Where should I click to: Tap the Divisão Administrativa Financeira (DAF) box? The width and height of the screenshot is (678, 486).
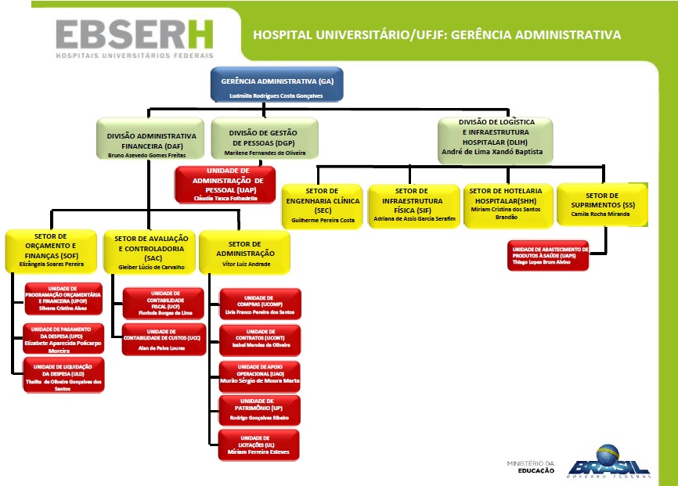pos(151,139)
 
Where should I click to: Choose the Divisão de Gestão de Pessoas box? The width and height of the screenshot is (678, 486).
pos(265,139)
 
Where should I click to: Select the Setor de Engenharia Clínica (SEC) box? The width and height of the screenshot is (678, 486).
pos(323,206)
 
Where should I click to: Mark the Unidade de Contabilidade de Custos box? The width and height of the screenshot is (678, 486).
pos(164,339)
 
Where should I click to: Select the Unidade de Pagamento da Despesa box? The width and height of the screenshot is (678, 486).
pos(63,339)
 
